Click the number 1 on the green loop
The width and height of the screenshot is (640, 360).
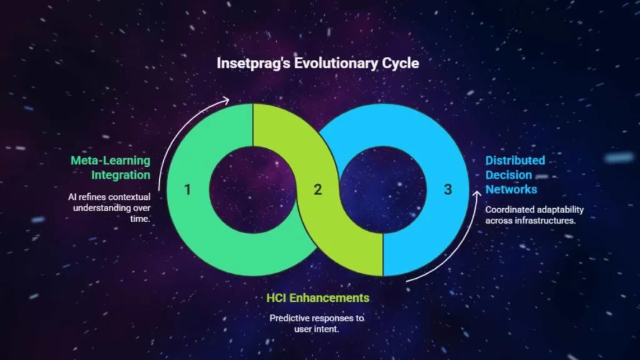click(187, 189)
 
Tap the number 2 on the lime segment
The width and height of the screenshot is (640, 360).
click(317, 189)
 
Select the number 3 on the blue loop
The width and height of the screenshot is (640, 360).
click(447, 189)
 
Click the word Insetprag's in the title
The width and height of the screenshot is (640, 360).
click(254, 63)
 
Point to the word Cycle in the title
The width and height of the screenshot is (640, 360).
click(401, 63)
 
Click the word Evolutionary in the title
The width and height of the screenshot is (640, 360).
click(336, 63)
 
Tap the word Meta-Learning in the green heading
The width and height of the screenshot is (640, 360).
click(110, 161)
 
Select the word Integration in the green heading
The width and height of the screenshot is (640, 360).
click(121, 175)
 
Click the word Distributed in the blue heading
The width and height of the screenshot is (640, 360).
click(515, 161)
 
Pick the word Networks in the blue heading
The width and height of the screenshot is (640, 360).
click(511, 189)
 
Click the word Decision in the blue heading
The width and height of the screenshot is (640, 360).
click(509, 175)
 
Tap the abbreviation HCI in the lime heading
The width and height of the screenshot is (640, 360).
click(276, 298)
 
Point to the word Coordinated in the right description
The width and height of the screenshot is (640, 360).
click(509, 210)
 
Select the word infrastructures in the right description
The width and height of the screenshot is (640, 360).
click(551, 221)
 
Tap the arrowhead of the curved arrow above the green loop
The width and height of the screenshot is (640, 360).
click(226, 101)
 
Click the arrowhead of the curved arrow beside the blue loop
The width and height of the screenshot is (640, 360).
click(477, 194)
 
